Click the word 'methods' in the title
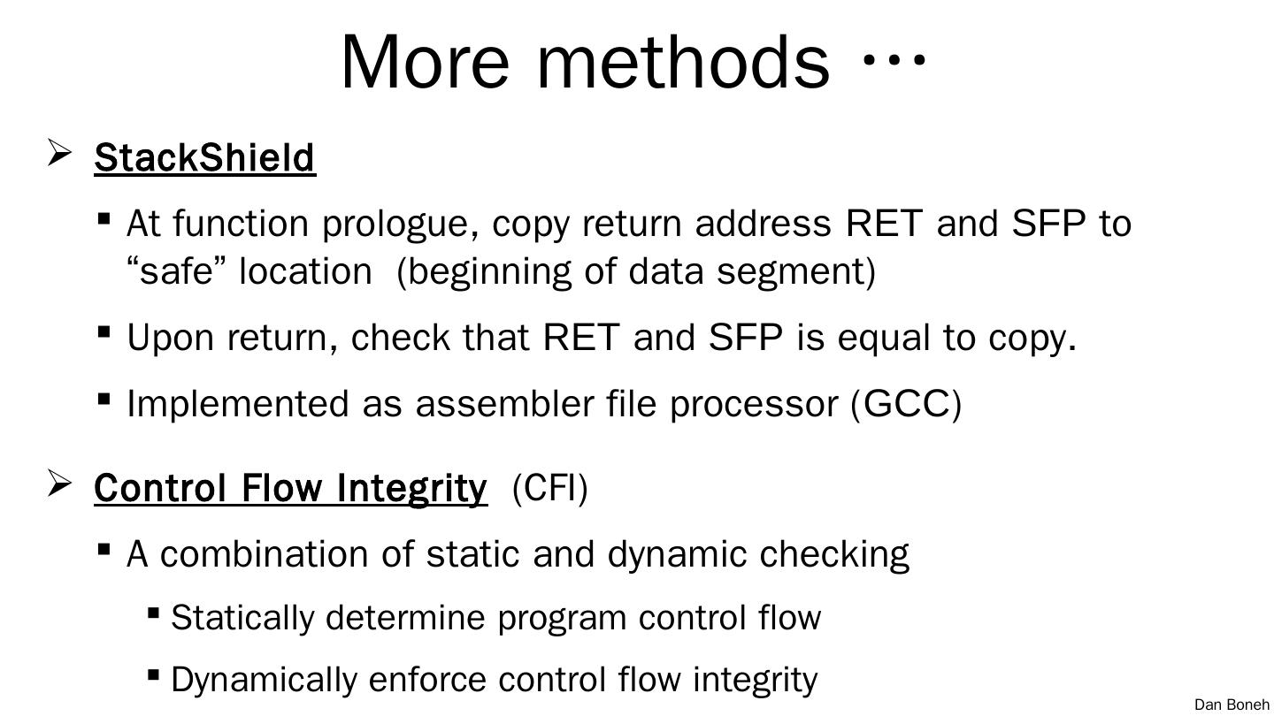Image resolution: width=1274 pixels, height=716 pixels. [683, 62]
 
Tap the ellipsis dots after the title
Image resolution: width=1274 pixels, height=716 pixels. [894, 60]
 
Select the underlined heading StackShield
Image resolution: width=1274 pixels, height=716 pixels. [204, 157]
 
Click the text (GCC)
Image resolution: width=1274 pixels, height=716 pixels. [906, 404]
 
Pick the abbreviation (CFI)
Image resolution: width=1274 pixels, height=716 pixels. [549, 487]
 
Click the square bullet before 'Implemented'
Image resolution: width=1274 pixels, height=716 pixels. [104, 399]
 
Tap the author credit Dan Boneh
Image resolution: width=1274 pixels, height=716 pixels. [1231, 705]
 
